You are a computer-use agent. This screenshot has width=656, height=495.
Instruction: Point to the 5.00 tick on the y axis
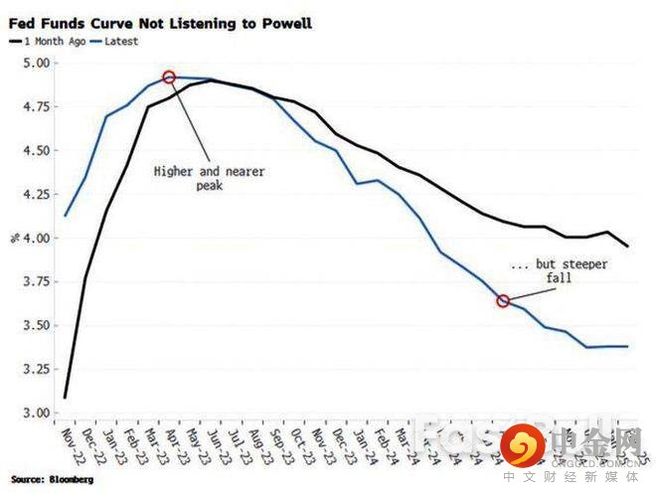click(x=35, y=64)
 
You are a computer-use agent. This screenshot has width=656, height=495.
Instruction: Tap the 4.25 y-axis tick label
click(x=35, y=195)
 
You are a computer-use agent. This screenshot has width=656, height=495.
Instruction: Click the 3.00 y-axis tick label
click(x=35, y=412)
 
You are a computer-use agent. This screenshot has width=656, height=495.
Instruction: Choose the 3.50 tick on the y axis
click(x=35, y=325)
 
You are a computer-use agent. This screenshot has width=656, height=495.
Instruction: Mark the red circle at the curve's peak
click(x=169, y=77)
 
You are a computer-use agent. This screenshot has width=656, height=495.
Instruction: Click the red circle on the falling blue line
click(x=503, y=300)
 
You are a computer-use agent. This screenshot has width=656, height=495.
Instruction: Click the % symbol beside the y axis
click(x=13, y=239)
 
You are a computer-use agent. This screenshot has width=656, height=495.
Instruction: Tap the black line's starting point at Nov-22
click(x=65, y=398)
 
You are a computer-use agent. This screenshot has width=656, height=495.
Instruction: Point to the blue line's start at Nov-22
click(x=65, y=216)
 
